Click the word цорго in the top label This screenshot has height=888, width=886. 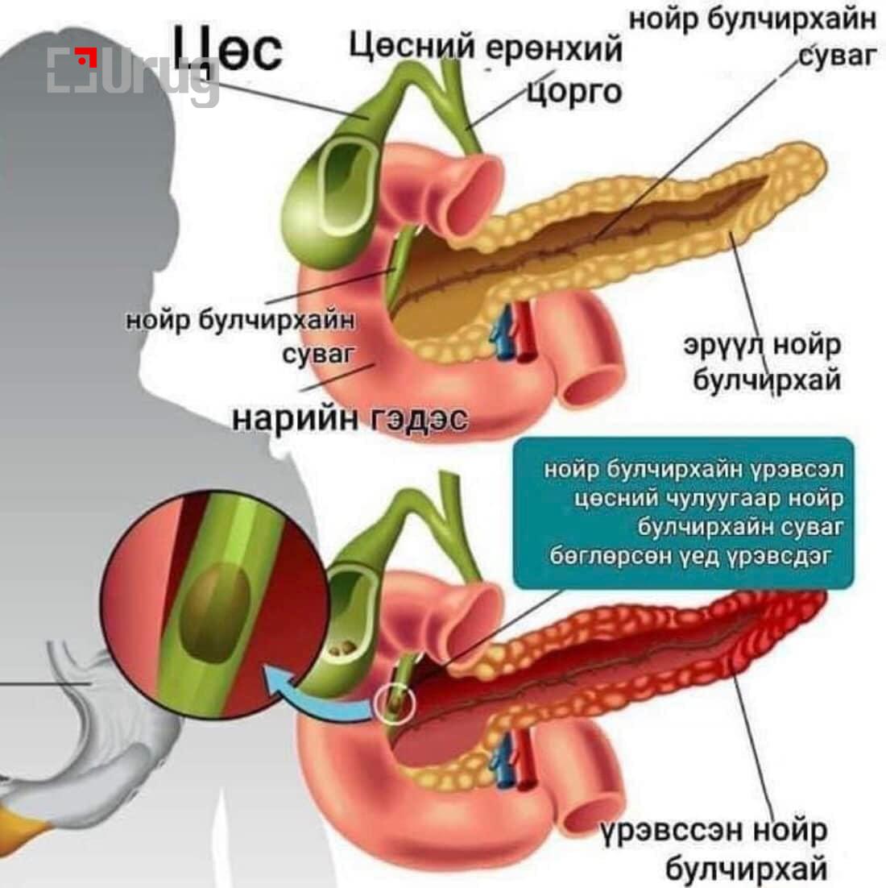click(x=574, y=91)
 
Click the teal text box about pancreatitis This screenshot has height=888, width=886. click(x=683, y=512)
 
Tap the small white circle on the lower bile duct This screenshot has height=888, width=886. click(x=395, y=703)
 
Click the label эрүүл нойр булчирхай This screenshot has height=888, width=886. click(x=762, y=362)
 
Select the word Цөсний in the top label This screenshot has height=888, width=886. click(x=411, y=48)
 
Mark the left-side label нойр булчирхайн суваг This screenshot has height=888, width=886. click(x=242, y=335)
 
